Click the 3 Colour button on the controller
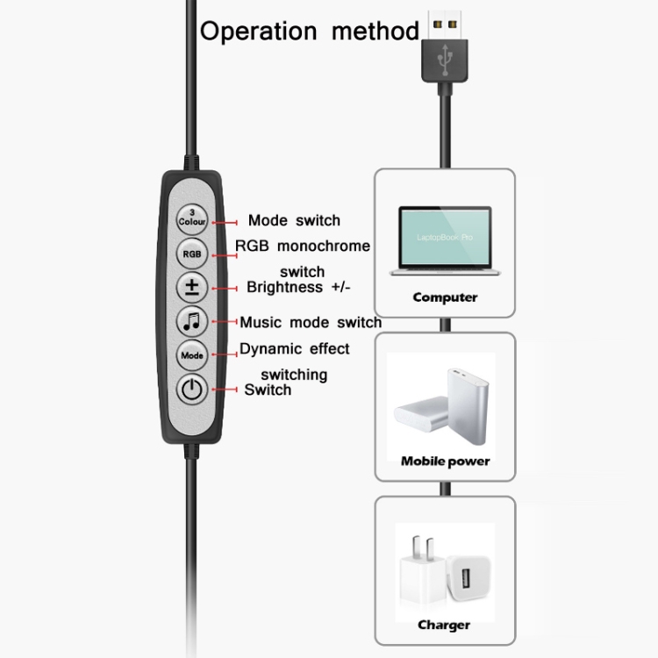pos(192,218)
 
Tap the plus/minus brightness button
pos(192,287)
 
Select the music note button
pos(192,321)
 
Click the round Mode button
pos(192,355)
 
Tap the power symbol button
pos(192,389)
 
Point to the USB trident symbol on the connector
pos(446,56)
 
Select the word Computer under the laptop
pos(445,297)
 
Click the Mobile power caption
pos(445,461)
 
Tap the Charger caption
pos(444,625)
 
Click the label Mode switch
pos(294,220)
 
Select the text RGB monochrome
pos(303,246)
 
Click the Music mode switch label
pos(311,322)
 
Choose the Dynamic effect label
pos(294,348)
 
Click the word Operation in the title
pos(259,32)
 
